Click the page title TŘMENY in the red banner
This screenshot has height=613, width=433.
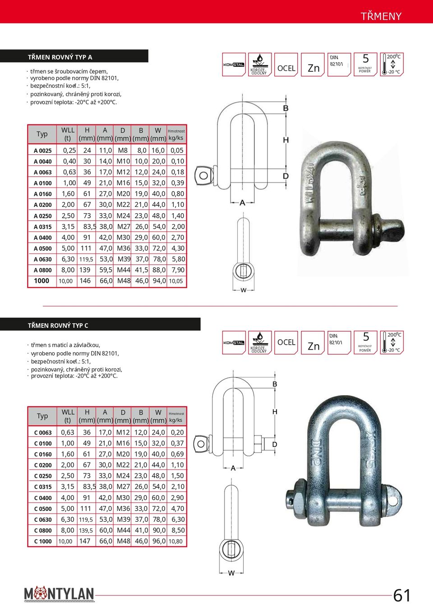click(381, 16)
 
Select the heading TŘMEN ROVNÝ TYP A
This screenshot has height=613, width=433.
click(60, 57)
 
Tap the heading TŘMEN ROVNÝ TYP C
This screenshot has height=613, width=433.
click(58, 325)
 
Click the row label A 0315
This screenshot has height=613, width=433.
click(43, 227)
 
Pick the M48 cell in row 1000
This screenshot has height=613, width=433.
click(124, 281)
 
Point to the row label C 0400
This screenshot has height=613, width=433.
click(43, 498)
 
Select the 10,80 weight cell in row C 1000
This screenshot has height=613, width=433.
click(175, 541)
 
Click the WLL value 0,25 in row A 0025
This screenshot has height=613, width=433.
click(69, 150)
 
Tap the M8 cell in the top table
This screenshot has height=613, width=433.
click(123, 150)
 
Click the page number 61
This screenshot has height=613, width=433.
click(402, 595)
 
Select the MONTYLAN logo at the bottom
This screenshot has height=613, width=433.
click(59, 594)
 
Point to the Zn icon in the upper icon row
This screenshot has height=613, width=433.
click(313, 65)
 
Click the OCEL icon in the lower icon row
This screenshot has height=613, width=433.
click(286, 342)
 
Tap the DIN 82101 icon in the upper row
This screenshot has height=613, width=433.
click(339, 65)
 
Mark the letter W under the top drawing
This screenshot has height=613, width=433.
click(244, 290)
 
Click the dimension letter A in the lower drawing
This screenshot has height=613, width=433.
click(233, 468)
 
